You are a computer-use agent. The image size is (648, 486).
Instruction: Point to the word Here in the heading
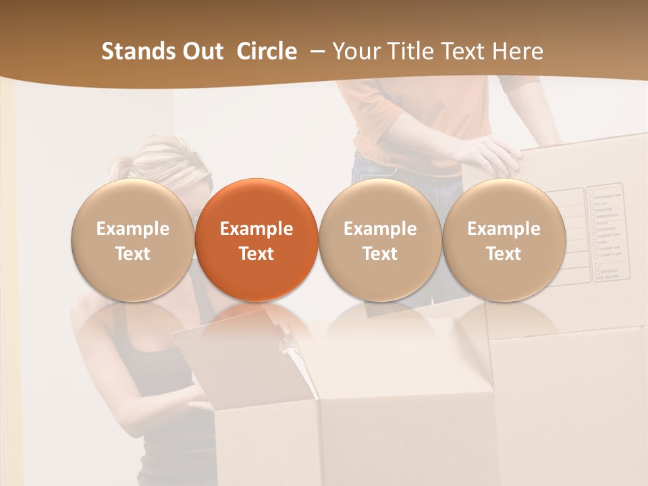pyautogui.click(x=518, y=51)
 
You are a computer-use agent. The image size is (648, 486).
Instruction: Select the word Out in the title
pyautogui.click(x=201, y=51)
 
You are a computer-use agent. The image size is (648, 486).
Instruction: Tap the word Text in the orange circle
pyautogui.click(x=256, y=254)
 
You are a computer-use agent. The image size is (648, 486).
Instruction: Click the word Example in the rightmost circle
pyautogui.click(x=504, y=229)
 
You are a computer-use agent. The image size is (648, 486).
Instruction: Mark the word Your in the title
pyautogui.click(x=355, y=51)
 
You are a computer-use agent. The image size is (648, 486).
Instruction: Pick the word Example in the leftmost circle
pyautogui.click(x=132, y=229)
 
